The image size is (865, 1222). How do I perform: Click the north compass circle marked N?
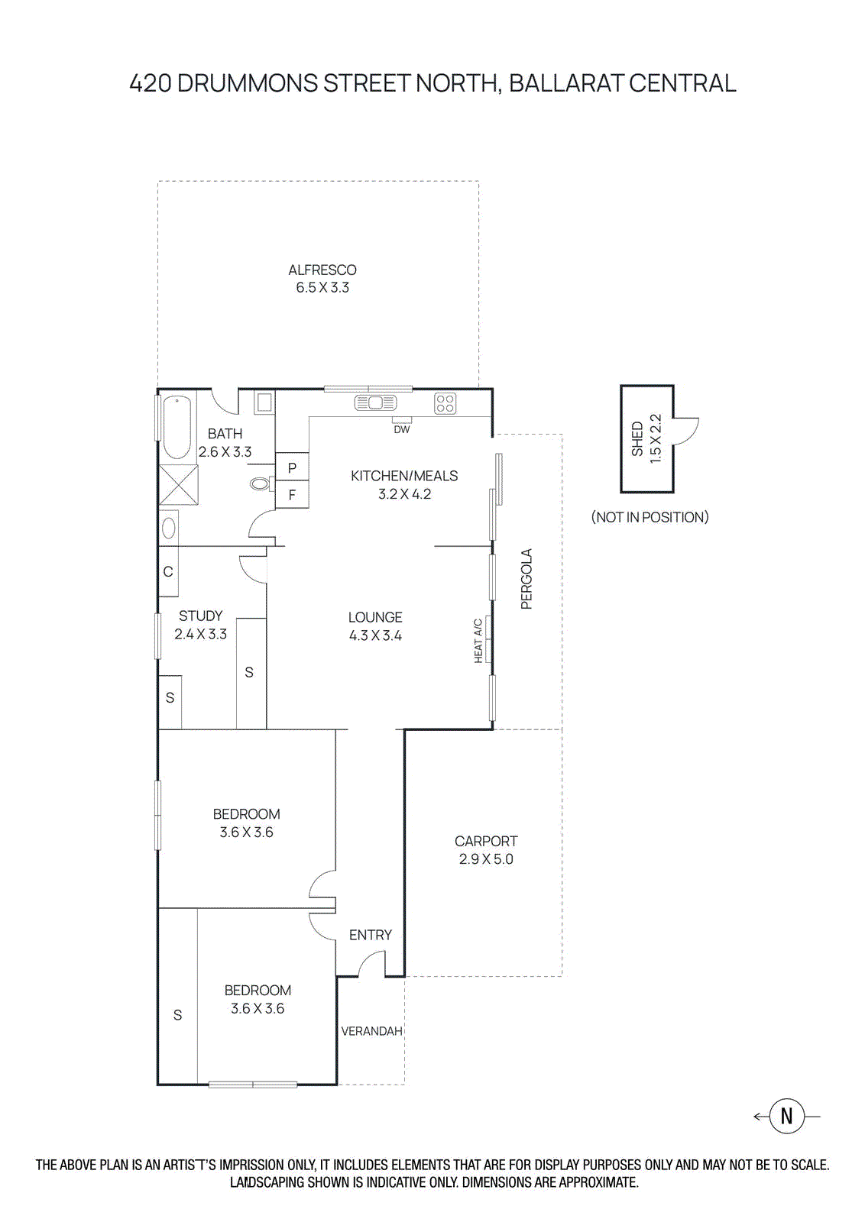pyautogui.click(x=786, y=1116)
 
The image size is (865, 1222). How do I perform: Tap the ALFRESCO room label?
pyautogui.click(x=322, y=270)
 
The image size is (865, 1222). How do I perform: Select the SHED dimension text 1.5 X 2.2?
pyautogui.click(x=655, y=438)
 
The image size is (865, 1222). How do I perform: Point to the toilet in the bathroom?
pyautogui.click(x=261, y=483)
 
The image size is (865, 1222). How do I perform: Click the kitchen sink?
pyautogui.click(x=375, y=402)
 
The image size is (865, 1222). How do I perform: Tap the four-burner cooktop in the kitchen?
pyautogui.click(x=445, y=403)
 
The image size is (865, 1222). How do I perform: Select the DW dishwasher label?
pyautogui.click(x=402, y=429)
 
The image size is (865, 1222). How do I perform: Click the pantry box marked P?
pyautogui.click(x=292, y=467)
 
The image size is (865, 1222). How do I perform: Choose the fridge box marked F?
pyautogui.click(x=292, y=495)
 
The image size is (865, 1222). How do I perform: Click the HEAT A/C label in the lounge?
pyautogui.click(x=479, y=641)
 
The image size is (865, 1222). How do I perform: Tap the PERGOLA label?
pyautogui.click(x=526, y=578)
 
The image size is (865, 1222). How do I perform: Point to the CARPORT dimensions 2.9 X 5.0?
pyautogui.click(x=486, y=859)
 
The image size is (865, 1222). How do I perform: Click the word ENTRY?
pyautogui.click(x=371, y=935)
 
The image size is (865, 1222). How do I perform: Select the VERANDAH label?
pyautogui.click(x=371, y=1031)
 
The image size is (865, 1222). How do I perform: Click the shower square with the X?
pyautogui.click(x=179, y=485)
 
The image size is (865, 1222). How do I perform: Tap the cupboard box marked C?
pyautogui.click(x=168, y=571)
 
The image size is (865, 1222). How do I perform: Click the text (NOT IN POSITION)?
pyautogui.click(x=650, y=517)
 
